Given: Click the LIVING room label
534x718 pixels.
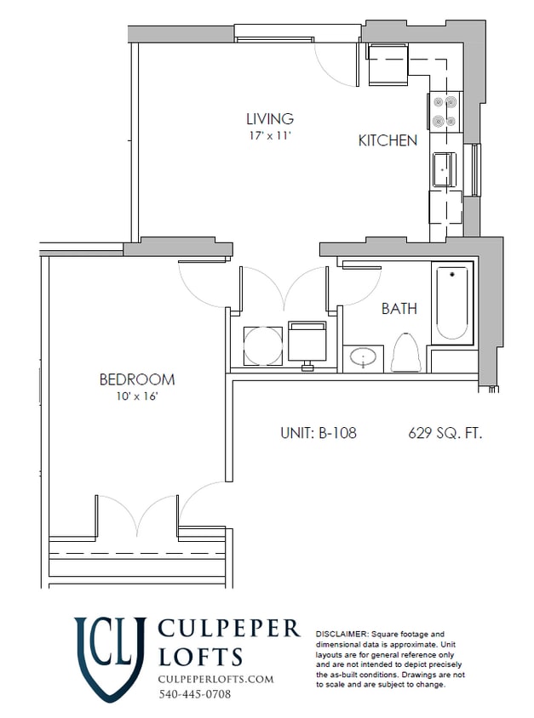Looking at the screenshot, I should click(270, 119).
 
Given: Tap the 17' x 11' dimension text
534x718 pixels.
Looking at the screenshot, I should click(270, 135).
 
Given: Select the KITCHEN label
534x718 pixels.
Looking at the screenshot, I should click(388, 141).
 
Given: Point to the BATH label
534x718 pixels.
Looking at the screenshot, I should click(399, 309).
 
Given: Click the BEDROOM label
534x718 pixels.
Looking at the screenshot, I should click(137, 379).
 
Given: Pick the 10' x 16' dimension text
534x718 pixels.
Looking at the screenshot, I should click(137, 396).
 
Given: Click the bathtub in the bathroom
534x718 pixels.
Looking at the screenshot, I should click(451, 304).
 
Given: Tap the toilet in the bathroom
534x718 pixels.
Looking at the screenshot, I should click(406, 354).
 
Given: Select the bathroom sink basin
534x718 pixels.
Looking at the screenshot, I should click(365, 358).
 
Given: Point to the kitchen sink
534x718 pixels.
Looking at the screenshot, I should click(445, 168).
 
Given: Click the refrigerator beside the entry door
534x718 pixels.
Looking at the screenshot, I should click(388, 65).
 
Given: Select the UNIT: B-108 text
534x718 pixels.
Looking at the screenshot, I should click(318, 433).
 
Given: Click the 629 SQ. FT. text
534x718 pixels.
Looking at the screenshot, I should click(445, 433).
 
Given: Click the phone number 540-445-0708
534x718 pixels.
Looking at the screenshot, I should click(194, 694).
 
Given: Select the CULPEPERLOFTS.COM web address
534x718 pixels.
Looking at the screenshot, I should click(216, 679).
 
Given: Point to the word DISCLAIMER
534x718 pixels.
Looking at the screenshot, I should click(342, 635).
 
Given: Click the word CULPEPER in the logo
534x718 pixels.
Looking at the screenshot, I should click(229, 629).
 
